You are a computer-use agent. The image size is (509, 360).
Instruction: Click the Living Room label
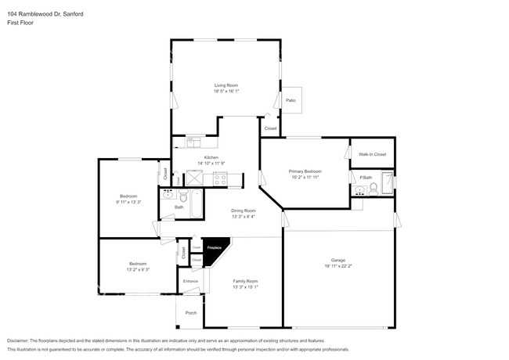(226, 85)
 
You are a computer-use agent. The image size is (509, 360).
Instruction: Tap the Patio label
(291, 100)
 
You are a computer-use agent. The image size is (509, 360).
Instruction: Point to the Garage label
(338, 259)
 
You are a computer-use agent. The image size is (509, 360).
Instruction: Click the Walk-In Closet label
(372, 154)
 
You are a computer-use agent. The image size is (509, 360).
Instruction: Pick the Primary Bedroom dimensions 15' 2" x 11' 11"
(305, 176)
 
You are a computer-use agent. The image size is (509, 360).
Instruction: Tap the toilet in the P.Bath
(374, 188)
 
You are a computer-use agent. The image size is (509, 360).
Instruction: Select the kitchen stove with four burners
(219, 179)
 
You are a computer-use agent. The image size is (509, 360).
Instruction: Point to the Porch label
(190, 313)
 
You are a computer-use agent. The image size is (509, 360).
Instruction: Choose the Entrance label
(190, 281)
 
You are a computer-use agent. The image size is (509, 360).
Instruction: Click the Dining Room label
(243, 211)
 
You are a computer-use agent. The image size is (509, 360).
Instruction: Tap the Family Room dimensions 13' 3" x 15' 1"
(245, 286)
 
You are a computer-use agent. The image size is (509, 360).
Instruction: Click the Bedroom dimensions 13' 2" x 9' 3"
(137, 268)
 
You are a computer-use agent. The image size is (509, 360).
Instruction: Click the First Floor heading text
(21, 23)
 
